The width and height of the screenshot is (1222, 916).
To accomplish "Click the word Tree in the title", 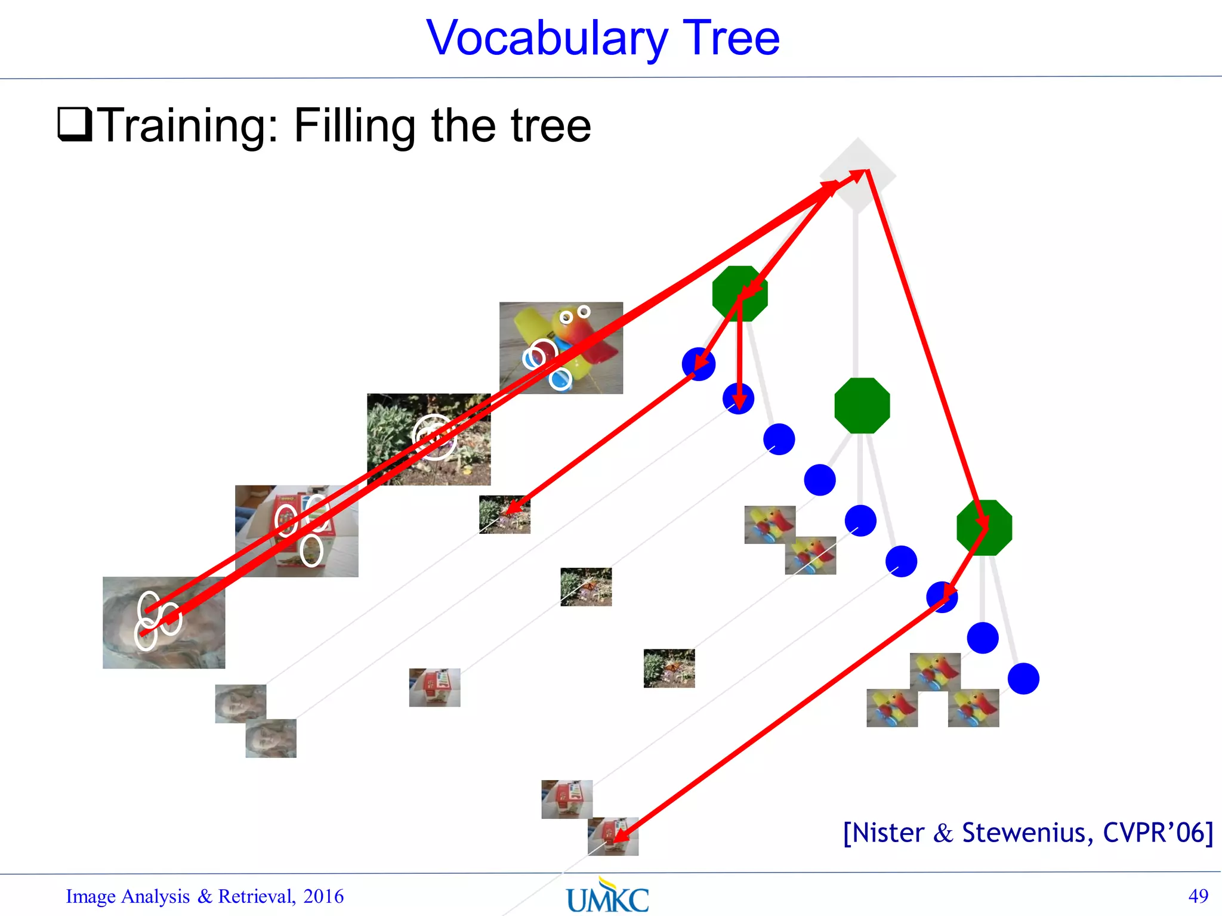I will tap(731, 39).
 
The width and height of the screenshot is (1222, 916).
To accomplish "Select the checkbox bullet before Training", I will tap(75, 123).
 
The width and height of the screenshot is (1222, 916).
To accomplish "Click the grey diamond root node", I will tap(857, 175).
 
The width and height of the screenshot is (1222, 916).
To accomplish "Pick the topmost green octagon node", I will tap(740, 293).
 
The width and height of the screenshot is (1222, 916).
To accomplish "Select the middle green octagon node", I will tap(862, 406).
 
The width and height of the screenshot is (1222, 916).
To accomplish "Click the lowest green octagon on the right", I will tap(984, 528).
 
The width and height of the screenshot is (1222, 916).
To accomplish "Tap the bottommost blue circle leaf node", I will tap(1023, 679).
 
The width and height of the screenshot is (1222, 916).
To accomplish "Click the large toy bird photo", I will tap(561, 348).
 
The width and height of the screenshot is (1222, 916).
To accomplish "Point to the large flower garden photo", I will tap(428, 439).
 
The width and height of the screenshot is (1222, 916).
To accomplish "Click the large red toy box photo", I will tap(297, 531).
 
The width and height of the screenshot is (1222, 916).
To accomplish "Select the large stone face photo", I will tap(164, 623).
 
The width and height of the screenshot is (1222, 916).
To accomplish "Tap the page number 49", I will tap(1198, 896).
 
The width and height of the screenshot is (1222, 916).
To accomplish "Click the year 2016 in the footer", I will tap(323, 896).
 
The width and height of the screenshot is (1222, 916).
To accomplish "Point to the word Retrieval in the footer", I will tap(256, 896).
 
